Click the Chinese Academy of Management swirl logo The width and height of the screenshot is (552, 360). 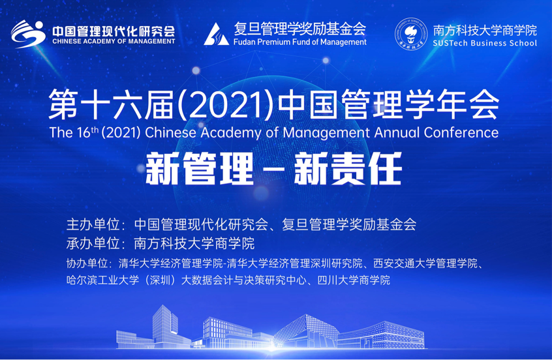(x=28, y=34)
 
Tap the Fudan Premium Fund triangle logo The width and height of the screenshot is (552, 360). (x=216, y=34)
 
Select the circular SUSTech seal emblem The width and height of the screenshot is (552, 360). (x=411, y=34)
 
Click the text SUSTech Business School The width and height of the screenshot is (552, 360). (x=485, y=43)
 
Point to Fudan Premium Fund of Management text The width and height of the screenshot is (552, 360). (x=300, y=42)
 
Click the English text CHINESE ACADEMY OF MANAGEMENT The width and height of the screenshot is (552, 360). (x=114, y=41)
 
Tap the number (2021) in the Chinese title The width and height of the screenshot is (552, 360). (x=225, y=104)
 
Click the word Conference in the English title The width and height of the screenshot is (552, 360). (x=461, y=132)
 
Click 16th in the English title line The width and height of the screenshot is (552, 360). (x=87, y=132)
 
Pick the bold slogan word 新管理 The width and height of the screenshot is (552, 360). (x=199, y=169)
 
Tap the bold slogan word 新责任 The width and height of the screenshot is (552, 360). (x=348, y=169)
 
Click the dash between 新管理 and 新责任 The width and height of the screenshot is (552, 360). (x=273, y=170)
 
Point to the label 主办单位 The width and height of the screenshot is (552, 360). (x=93, y=224)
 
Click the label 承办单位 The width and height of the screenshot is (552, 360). (x=93, y=243)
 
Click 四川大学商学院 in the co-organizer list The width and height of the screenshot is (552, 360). (x=354, y=280)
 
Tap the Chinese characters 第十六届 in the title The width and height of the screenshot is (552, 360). (x=111, y=104)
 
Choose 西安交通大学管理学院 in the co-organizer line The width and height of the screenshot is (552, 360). (x=425, y=263)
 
